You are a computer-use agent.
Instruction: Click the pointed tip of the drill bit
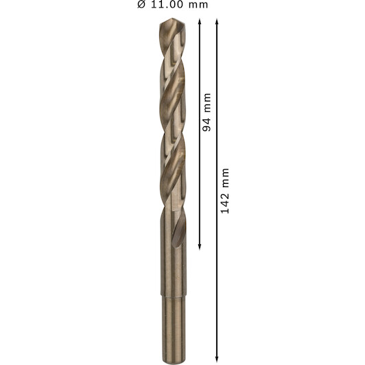click(172, 19)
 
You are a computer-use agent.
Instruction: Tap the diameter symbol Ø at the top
click(141, 4)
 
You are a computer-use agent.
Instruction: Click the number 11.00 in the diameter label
click(167, 4)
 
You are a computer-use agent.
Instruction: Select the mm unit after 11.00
click(198, 5)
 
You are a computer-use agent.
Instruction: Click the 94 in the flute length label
click(207, 126)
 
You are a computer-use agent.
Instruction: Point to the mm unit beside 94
click(207, 103)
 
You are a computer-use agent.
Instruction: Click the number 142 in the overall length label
click(225, 203)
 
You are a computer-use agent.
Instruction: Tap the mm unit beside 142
click(226, 178)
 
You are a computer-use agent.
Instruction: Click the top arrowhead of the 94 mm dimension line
click(199, 21)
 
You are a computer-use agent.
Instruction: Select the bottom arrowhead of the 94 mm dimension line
click(200, 247)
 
